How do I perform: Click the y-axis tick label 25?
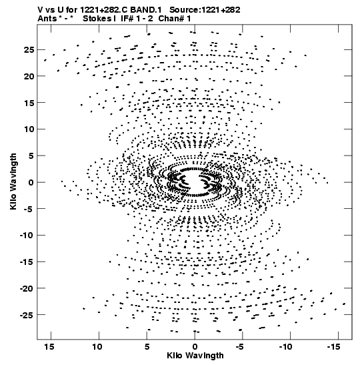(x=29, y=50)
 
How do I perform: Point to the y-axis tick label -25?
(x=27, y=316)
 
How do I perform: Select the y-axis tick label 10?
(x=29, y=129)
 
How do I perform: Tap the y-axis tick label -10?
(x=27, y=236)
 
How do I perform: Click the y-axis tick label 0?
(x=31, y=183)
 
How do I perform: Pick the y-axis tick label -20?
(x=27, y=289)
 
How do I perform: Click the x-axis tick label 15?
(x=49, y=347)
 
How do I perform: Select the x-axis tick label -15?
(x=333, y=347)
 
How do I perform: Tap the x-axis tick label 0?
(x=195, y=347)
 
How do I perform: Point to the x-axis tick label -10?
(x=286, y=347)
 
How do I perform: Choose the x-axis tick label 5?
(x=147, y=347)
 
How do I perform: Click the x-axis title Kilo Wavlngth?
(x=195, y=356)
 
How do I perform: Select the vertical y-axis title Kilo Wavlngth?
(x=13, y=182)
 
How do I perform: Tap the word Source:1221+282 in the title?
(x=205, y=10)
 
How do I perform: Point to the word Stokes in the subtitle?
(x=97, y=19)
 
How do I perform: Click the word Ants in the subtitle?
(x=47, y=19)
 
